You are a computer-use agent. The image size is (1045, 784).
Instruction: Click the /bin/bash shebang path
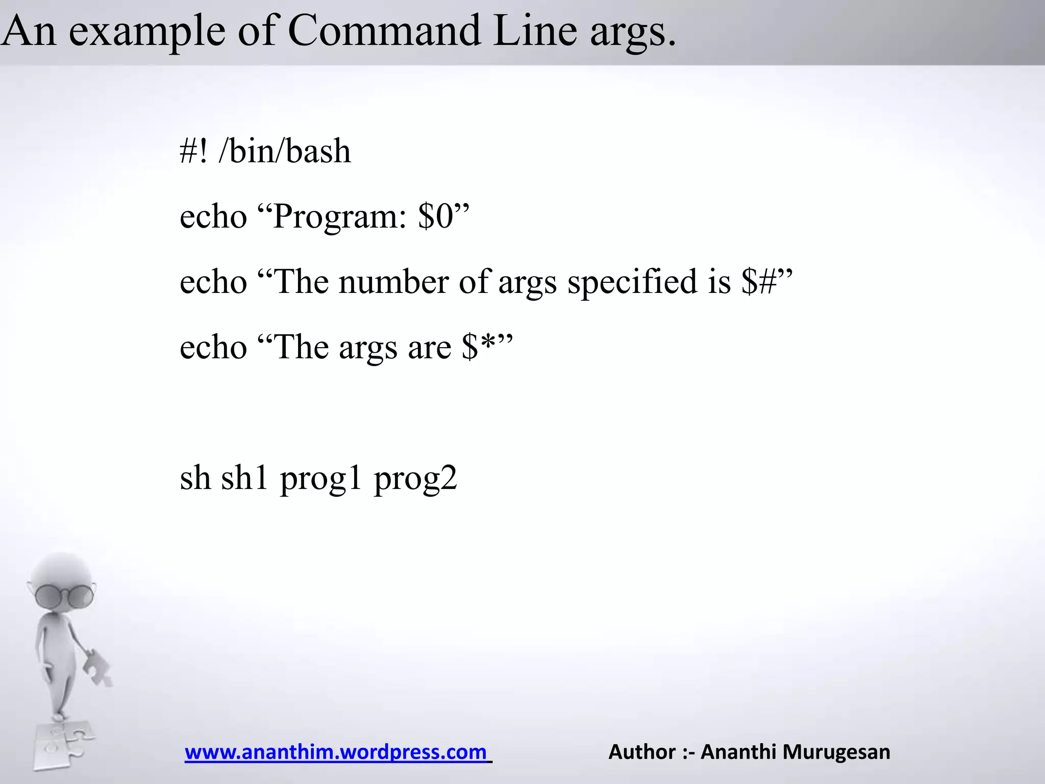pyautogui.click(x=285, y=151)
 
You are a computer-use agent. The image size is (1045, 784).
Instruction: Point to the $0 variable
pyautogui.click(x=435, y=216)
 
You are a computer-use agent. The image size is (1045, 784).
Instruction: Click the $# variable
pyautogui.click(x=759, y=282)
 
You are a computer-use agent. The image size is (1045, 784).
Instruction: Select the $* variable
pyautogui.click(x=479, y=347)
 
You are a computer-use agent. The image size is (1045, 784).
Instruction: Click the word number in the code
pyautogui.click(x=393, y=282)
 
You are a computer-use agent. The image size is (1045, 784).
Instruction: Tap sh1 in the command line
pyautogui.click(x=244, y=478)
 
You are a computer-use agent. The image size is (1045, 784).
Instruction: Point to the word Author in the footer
pyautogui.click(x=642, y=752)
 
